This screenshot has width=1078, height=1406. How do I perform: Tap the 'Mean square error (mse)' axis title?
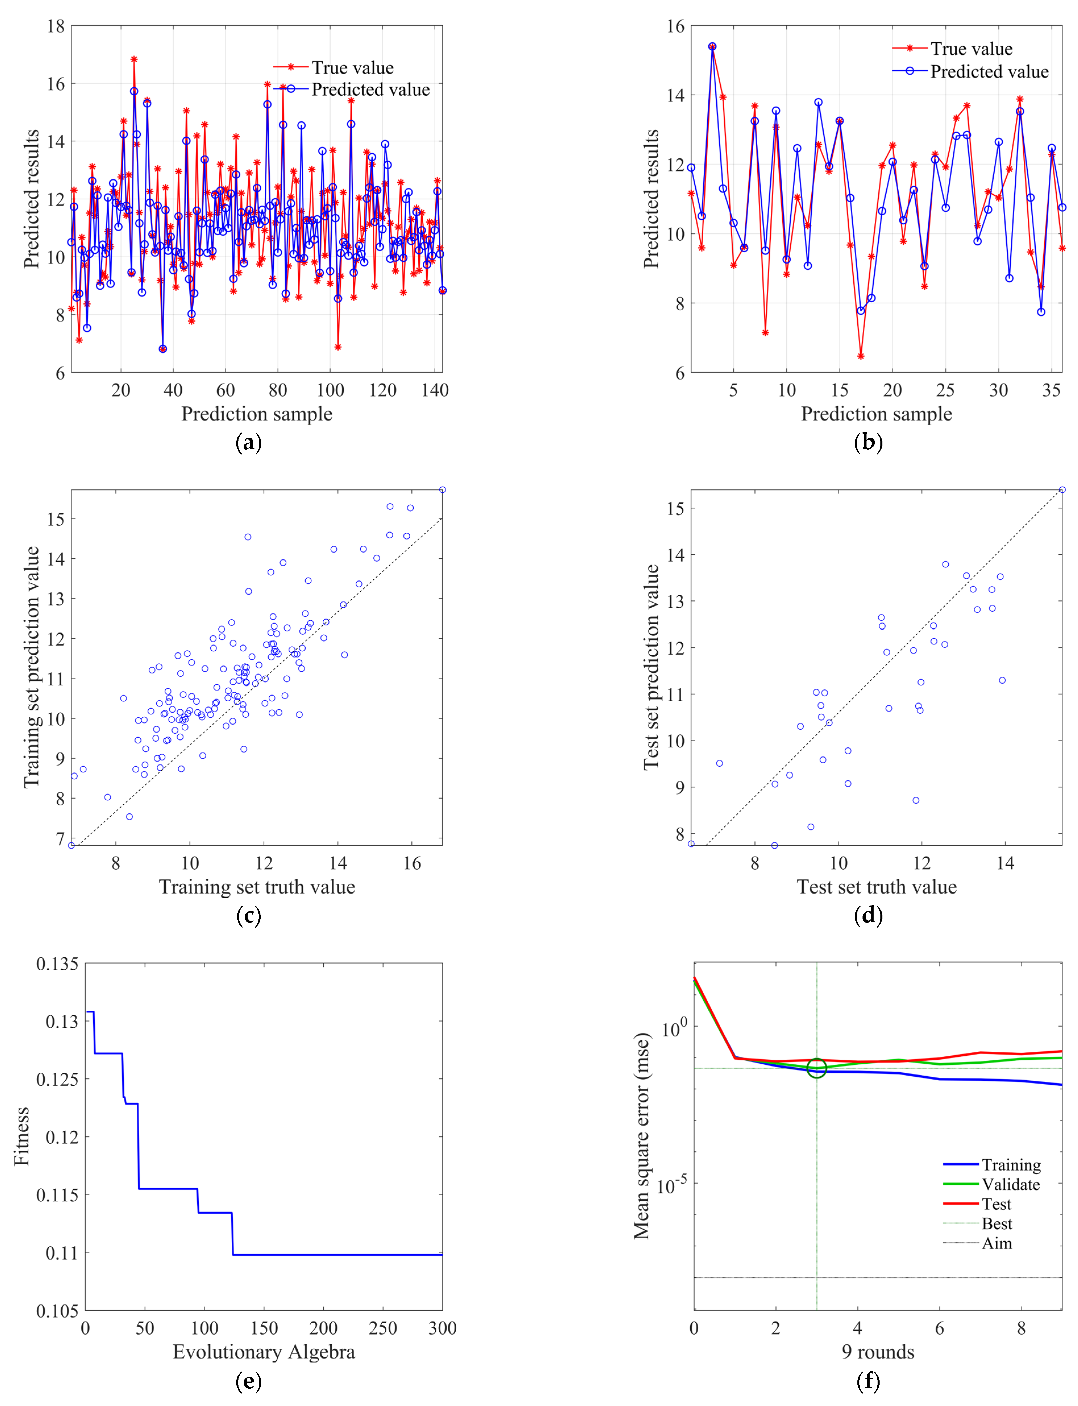pos(642,1136)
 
